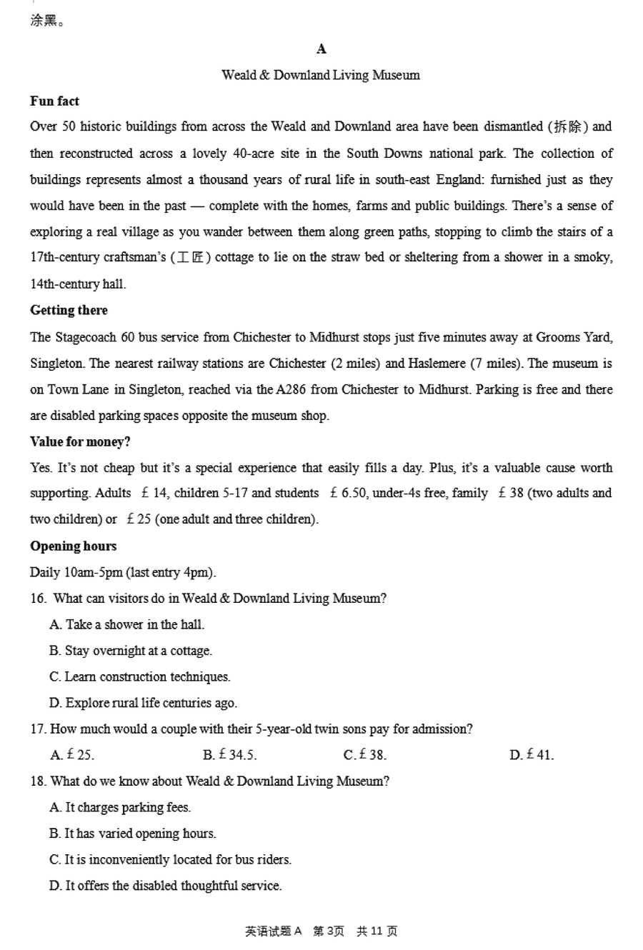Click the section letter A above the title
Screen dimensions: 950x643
[321, 49]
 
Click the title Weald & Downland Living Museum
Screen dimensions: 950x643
[321, 75]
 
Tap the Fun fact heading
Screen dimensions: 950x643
[54, 101]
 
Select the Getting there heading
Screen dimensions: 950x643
[69, 310]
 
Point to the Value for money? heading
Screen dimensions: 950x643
[80, 442]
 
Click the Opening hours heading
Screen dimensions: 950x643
[73, 546]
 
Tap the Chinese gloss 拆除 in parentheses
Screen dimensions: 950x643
[568, 127]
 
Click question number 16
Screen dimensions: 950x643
[38, 599]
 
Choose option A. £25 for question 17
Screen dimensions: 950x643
[72, 755]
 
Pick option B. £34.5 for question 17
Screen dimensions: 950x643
[229, 755]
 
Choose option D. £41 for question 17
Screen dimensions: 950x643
[532, 755]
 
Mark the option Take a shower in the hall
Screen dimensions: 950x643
[127, 625]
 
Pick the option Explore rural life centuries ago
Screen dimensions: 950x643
[143, 703]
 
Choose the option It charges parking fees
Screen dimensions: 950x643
[120, 808]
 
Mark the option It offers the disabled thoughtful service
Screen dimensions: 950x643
[166, 886]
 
